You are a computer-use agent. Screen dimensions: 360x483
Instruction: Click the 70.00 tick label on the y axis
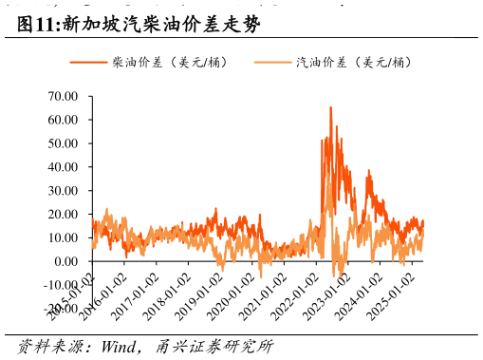[x=64, y=97]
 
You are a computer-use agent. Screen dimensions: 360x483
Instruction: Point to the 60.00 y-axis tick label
[x=64, y=121]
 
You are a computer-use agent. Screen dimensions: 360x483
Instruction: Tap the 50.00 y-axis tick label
[x=64, y=143]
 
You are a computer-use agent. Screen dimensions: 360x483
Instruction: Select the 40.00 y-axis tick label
[x=64, y=167]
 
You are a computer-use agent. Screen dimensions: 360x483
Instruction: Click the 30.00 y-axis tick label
[x=64, y=191]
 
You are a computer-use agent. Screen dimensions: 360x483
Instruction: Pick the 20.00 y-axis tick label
[x=64, y=215]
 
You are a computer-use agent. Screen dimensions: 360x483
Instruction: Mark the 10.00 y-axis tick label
[x=64, y=237]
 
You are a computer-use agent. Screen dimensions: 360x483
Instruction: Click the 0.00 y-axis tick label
[x=66, y=261]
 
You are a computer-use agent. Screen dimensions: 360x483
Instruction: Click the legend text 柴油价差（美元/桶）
[x=169, y=62]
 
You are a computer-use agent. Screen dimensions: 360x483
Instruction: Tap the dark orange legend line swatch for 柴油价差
[x=88, y=63]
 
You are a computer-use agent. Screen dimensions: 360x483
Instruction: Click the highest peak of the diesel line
[x=330, y=107]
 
